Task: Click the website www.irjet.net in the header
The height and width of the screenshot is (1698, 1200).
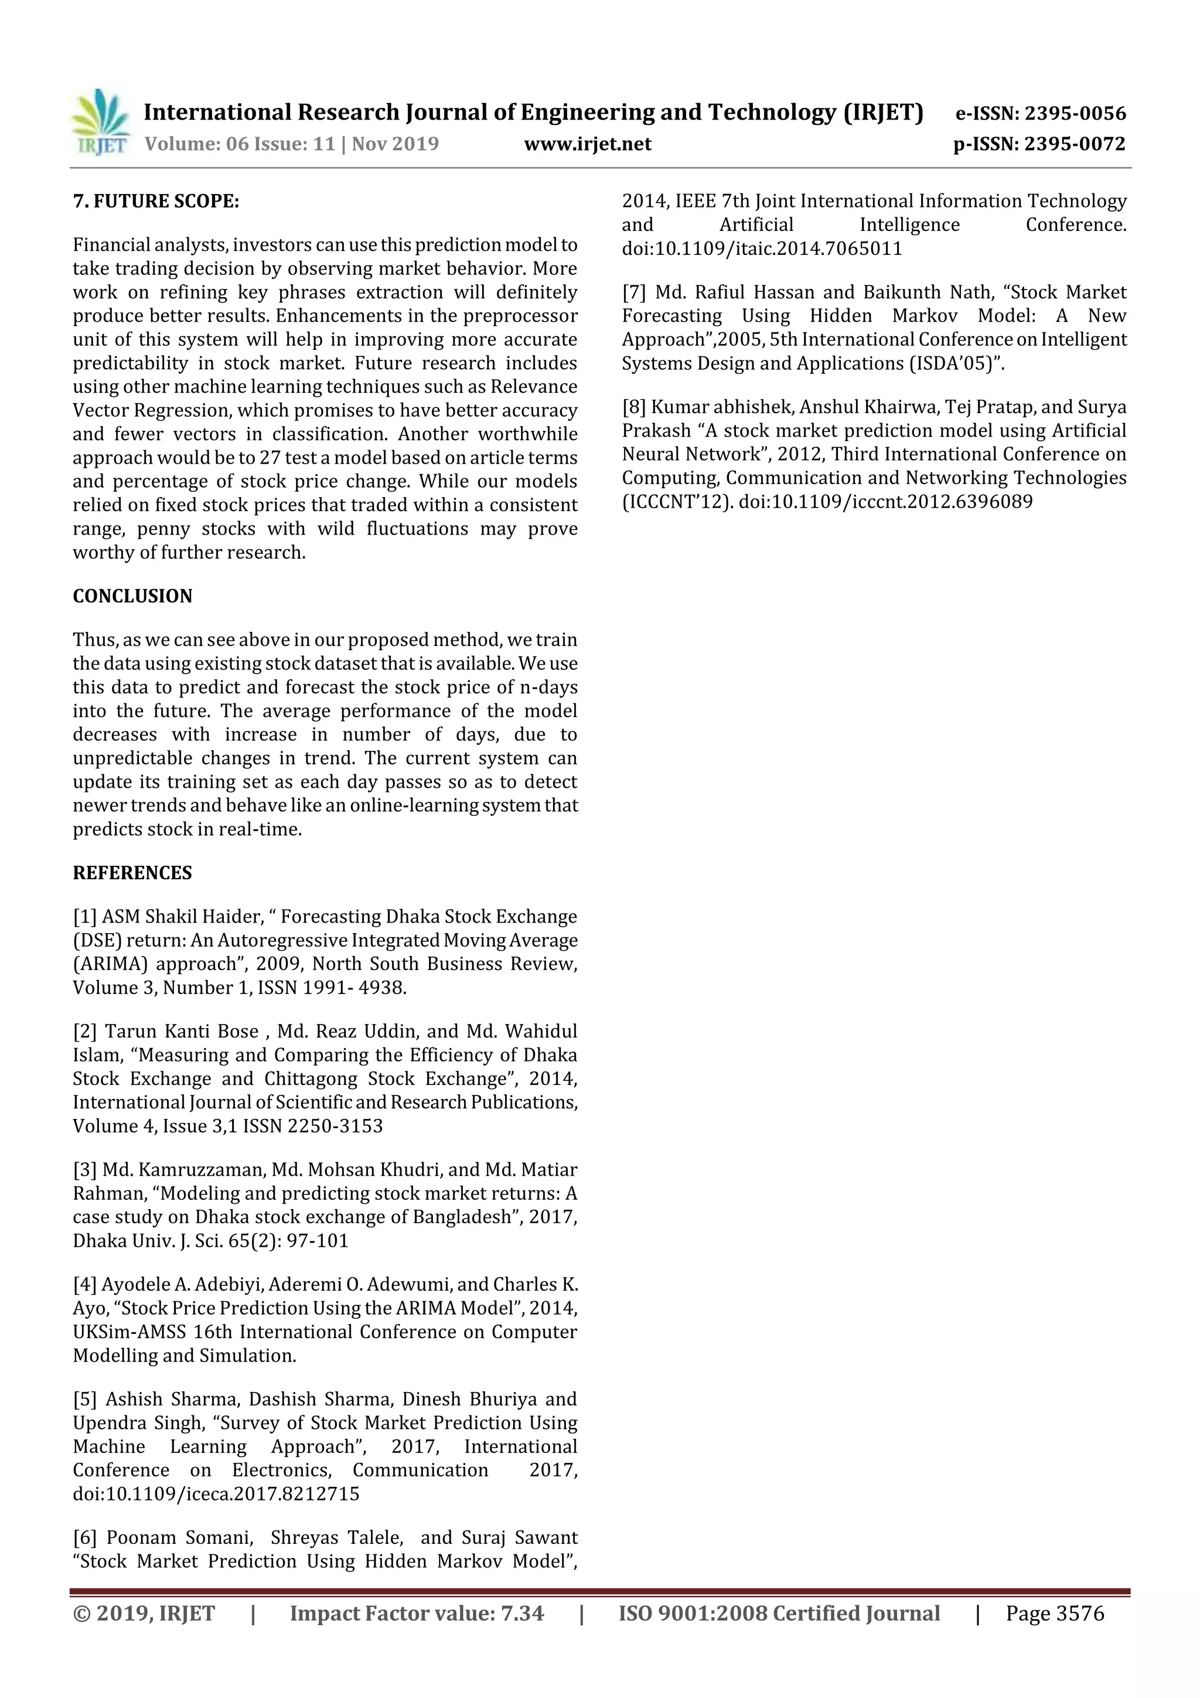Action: click(x=588, y=144)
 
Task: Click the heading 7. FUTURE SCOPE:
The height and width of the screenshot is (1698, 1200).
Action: click(x=156, y=201)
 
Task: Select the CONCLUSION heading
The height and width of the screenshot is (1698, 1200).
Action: click(x=132, y=596)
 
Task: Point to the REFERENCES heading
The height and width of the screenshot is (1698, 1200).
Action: click(x=132, y=873)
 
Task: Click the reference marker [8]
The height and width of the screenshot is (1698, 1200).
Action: click(x=635, y=407)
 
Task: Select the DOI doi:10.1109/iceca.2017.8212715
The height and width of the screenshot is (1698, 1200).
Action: click(x=216, y=1494)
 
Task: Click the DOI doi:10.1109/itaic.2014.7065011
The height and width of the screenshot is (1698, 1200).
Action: click(x=762, y=249)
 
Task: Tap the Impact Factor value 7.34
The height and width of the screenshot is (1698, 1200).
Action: click(x=522, y=1613)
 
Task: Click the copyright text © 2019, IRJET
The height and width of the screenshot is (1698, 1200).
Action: click(x=144, y=1613)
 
